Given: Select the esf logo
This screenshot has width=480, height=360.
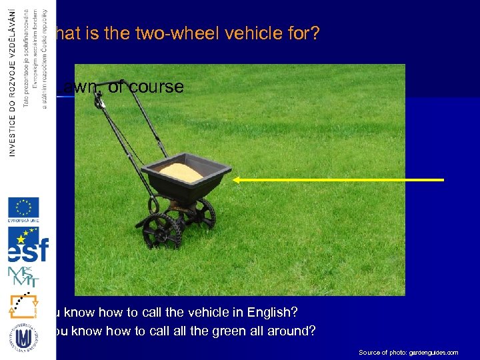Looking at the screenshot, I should pos(27,245).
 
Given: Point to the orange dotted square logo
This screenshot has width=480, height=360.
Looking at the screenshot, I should pos(23,305).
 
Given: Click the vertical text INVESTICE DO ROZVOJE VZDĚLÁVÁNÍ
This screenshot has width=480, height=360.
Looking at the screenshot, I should pos(13,80).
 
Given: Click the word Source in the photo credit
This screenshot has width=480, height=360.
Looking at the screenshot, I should pos(369,352).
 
